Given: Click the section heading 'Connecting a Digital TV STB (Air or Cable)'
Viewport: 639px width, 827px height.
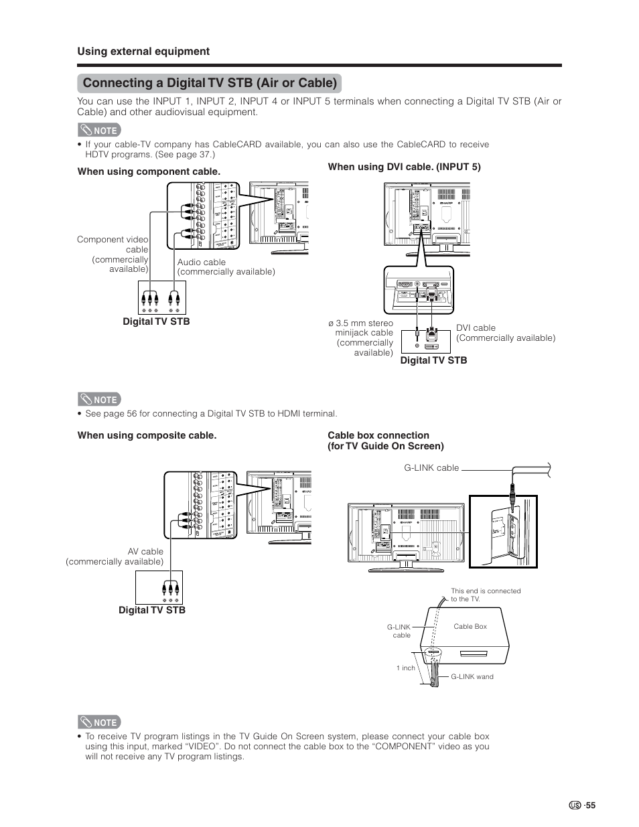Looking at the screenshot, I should pyautogui.click(x=210, y=83).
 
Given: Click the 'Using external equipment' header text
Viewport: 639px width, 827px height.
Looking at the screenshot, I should pyautogui.click(x=143, y=52).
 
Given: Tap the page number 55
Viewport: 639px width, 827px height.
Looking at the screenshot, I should pyautogui.click(x=589, y=806).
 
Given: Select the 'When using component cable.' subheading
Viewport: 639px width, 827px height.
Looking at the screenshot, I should pyautogui.click(x=149, y=171).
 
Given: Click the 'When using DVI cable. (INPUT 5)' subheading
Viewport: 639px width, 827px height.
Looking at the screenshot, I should pyautogui.click(x=404, y=167).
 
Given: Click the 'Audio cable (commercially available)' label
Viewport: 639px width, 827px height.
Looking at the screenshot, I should pyautogui.click(x=226, y=267).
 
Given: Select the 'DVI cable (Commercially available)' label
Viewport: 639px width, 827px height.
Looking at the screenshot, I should pyautogui.click(x=506, y=333).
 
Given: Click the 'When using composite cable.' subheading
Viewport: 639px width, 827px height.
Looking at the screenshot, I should pyautogui.click(x=147, y=435).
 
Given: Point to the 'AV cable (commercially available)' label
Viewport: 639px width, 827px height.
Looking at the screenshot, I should pyautogui.click(x=115, y=556).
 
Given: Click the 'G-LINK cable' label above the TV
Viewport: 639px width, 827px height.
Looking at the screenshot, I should pyautogui.click(x=431, y=467).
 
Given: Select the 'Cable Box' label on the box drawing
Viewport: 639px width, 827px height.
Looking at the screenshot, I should pyautogui.click(x=470, y=627).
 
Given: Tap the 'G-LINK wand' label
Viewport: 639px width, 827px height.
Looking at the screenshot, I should pyautogui.click(x=472, y=676).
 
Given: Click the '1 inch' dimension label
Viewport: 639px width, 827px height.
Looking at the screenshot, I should pyautogui.click(x=405, y=668).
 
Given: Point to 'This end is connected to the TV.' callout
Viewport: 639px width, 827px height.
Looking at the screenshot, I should pyautogui.click(x=485, y=595).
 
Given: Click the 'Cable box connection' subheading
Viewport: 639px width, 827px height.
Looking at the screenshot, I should pyautogui.click(x=378, y=435).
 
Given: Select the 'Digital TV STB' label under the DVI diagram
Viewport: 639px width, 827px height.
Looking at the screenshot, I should pyautogui.click(x=433, y=360).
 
